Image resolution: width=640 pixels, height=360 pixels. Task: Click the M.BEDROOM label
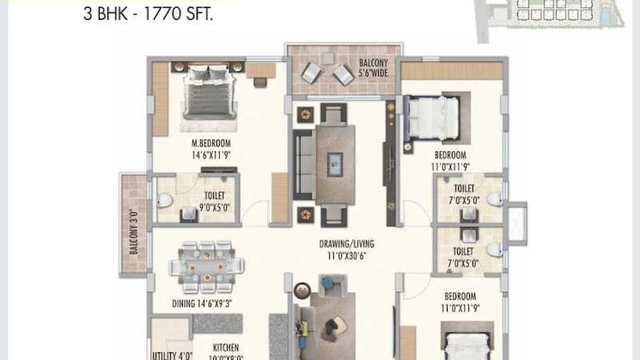point(211,143)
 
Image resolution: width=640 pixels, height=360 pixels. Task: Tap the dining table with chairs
point(204,264)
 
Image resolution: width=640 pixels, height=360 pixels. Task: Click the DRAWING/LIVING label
point(341,243)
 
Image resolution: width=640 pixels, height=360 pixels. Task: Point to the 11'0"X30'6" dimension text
point(341,255)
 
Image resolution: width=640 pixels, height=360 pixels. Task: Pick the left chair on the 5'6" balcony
point(309,75)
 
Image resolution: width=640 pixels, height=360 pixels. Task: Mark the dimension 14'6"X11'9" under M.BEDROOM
point(211,156)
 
